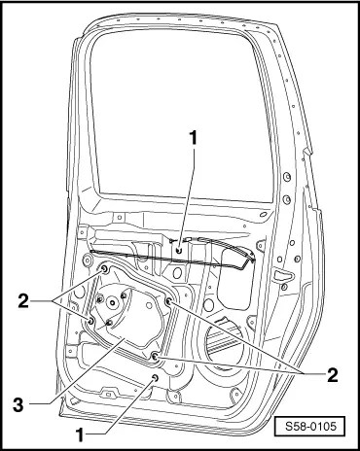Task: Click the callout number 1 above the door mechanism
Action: pos(194,138)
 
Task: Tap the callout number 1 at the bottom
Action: pos(80,435)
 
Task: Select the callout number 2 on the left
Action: pos(23,301)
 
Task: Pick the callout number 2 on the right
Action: pos(332,375)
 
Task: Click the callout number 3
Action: pos(18,404)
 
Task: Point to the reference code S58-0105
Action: pos(311,426)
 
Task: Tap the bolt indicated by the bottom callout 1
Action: pos(155,377)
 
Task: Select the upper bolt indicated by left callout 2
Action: pos(105,269)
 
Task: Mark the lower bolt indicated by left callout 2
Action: pos(91,321)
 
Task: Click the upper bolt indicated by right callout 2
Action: pos(169,301)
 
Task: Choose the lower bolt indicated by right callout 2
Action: pos(155,357)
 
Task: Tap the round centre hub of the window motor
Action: pos(113,303)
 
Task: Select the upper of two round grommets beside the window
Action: pos(286,177)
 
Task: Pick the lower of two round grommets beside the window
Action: pos(286,199)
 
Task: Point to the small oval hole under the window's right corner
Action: pos(264,214)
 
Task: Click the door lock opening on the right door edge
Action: pos(283,275)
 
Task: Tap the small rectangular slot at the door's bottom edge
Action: pos(109,395)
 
